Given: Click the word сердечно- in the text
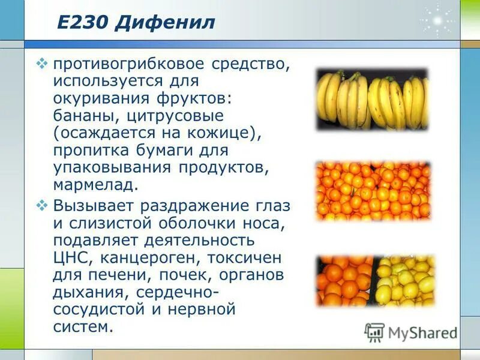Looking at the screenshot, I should (177, 293).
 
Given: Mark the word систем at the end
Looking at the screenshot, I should (83, 327).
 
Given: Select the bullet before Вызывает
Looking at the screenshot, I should (42, 206).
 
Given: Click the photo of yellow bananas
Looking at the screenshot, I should (373, 100).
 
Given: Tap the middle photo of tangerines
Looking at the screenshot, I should (373, 190).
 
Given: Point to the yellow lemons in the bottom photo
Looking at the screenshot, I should (405, 280).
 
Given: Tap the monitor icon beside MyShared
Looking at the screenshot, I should (374, 332).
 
